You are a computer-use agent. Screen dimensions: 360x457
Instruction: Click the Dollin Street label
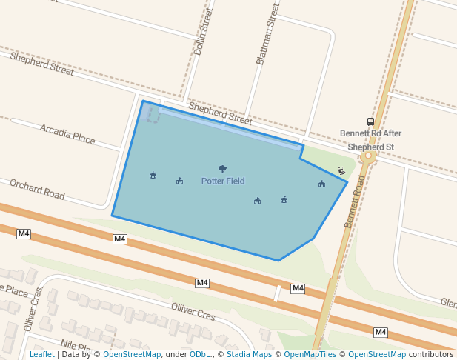[202, 33]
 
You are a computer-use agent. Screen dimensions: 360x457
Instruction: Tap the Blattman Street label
[267, 33]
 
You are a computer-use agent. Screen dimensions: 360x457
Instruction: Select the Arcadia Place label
[67, 134]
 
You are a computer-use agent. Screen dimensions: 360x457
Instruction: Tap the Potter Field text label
[223, 181]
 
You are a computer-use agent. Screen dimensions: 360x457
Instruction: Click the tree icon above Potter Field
[223, 170]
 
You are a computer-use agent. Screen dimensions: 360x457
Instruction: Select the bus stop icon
[370, 121]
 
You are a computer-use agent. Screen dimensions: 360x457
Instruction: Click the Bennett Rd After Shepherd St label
[370, 140]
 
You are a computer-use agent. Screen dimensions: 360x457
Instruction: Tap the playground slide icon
[341, 171]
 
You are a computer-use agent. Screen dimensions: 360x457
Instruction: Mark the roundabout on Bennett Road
[368, 156]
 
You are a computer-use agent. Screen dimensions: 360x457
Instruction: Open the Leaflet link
[41, 354]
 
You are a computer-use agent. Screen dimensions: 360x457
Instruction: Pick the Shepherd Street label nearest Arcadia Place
[41, 64]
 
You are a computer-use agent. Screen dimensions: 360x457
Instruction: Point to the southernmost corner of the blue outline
[278, 261]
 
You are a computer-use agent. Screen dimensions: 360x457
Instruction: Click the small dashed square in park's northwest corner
[153, 114]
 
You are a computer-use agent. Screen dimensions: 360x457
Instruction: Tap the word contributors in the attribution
[431, 354]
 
